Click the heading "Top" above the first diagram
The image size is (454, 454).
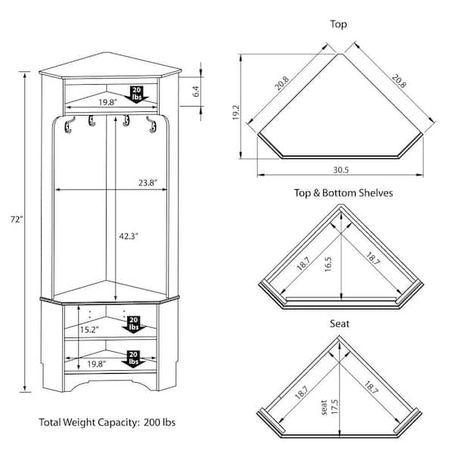[339, 25]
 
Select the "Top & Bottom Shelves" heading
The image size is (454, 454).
[343, 194]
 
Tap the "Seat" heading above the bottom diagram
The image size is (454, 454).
[339, 324]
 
